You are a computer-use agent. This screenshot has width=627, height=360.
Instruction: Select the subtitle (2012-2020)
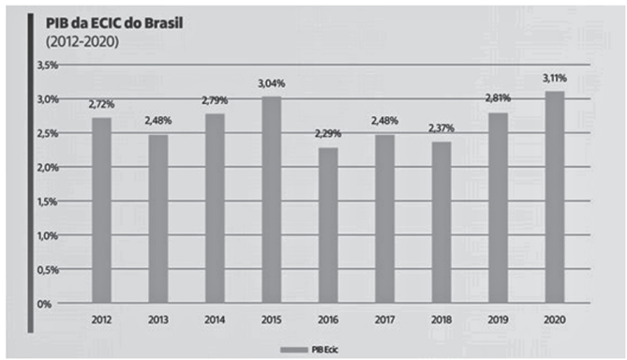[x=74, y=42]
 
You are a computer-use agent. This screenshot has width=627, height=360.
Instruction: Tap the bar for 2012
[x=101, y=210]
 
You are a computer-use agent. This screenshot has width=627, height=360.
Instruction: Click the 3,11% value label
[x=555, y=80]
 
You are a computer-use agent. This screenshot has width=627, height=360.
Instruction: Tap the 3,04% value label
[x=272, y=83]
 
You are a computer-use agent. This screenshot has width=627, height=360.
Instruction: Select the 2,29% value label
[x=329, y=134]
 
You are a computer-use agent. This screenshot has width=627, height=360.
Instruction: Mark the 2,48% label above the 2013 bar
[x=158, y=122]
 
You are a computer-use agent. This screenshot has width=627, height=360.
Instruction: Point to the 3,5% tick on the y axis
[x=47, y=65]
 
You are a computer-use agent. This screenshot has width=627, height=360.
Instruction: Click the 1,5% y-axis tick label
[x=47, y=202]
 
